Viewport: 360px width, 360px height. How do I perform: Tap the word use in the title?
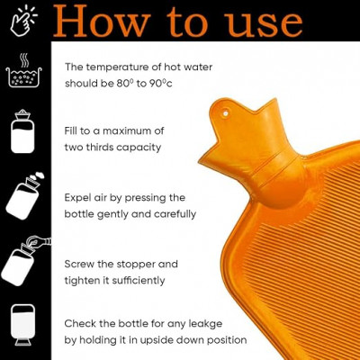click(x=264, y=24)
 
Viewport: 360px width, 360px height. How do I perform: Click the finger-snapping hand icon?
click(x=23, y=21)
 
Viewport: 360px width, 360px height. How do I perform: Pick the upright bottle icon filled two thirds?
click(x=22, y=131)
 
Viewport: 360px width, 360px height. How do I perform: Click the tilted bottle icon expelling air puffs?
click(x=24, y=195)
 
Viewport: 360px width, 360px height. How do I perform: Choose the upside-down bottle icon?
click(x=22, y=325)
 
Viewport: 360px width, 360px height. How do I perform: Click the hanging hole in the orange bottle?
click(x=225, y=113)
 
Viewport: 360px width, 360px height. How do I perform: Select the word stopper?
click(x=136, y=265)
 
